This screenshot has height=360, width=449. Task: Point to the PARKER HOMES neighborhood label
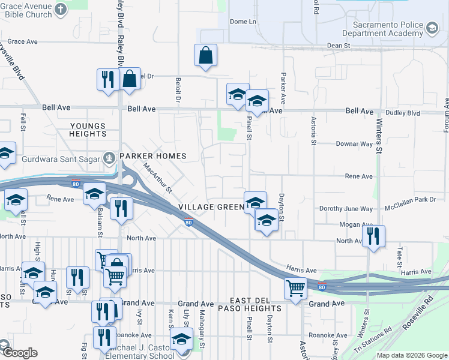tap(152, 156)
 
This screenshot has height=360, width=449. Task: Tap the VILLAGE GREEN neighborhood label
tap(211, 207)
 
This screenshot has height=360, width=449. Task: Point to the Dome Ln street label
tap(243, 22)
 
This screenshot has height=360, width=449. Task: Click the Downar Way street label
tap(354, 144)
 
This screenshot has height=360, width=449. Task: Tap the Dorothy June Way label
tap(346, 209)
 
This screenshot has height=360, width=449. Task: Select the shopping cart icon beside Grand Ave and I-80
tap(295, 289)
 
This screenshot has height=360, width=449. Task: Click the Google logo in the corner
tap(20, 353)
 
